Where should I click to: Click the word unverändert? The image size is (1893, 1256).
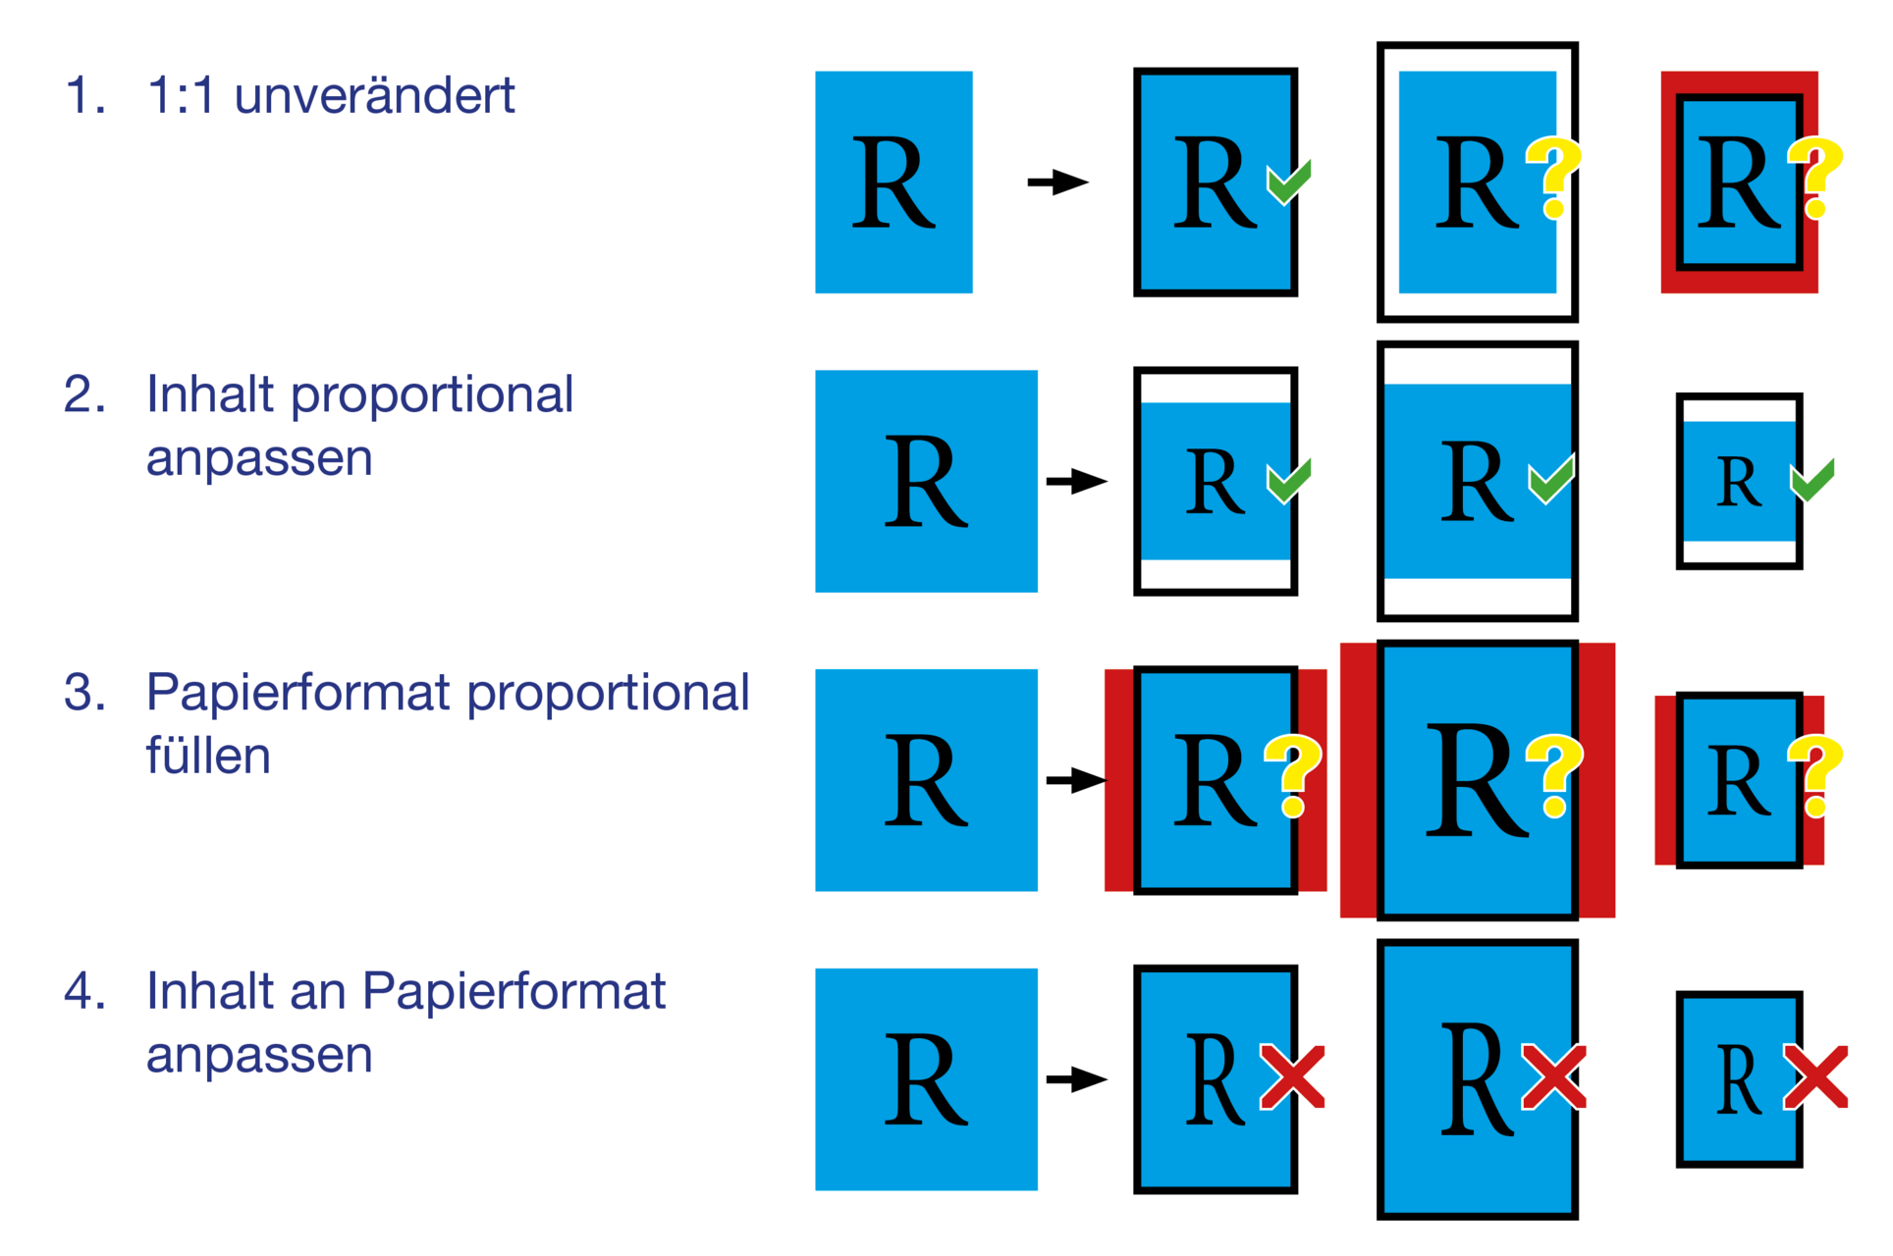coord(374,96)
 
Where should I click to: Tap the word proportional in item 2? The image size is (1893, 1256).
coord(432,395)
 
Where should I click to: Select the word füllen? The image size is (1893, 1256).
coord(208,757)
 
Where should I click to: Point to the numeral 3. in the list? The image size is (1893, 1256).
coord(84,693)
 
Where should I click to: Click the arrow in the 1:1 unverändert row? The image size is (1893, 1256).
coord(1057,183)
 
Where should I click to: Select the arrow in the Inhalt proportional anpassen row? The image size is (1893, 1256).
coord(1076,482)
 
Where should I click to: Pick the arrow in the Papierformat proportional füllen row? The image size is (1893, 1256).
coord(1076,781)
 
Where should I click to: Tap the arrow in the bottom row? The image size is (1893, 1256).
coord(1076,1079)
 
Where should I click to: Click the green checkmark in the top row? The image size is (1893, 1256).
coord(1289,183)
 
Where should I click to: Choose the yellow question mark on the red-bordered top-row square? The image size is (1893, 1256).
coord(1814,177)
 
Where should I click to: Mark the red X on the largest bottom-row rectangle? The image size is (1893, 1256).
coord(1554,1076)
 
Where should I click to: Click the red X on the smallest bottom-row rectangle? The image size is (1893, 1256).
coord(1815,1076)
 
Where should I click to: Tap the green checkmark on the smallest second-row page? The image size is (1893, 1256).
coord(1812,481)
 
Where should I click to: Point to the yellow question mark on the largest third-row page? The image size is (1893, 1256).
coord(1554,775)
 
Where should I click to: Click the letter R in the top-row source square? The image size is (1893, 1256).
coord(893,183)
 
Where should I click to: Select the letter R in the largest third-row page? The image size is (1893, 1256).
coord(1476,781)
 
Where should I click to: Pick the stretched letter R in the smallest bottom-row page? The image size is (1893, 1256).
coord(1738,1079)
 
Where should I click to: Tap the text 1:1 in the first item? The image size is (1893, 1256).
coord(180,96)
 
